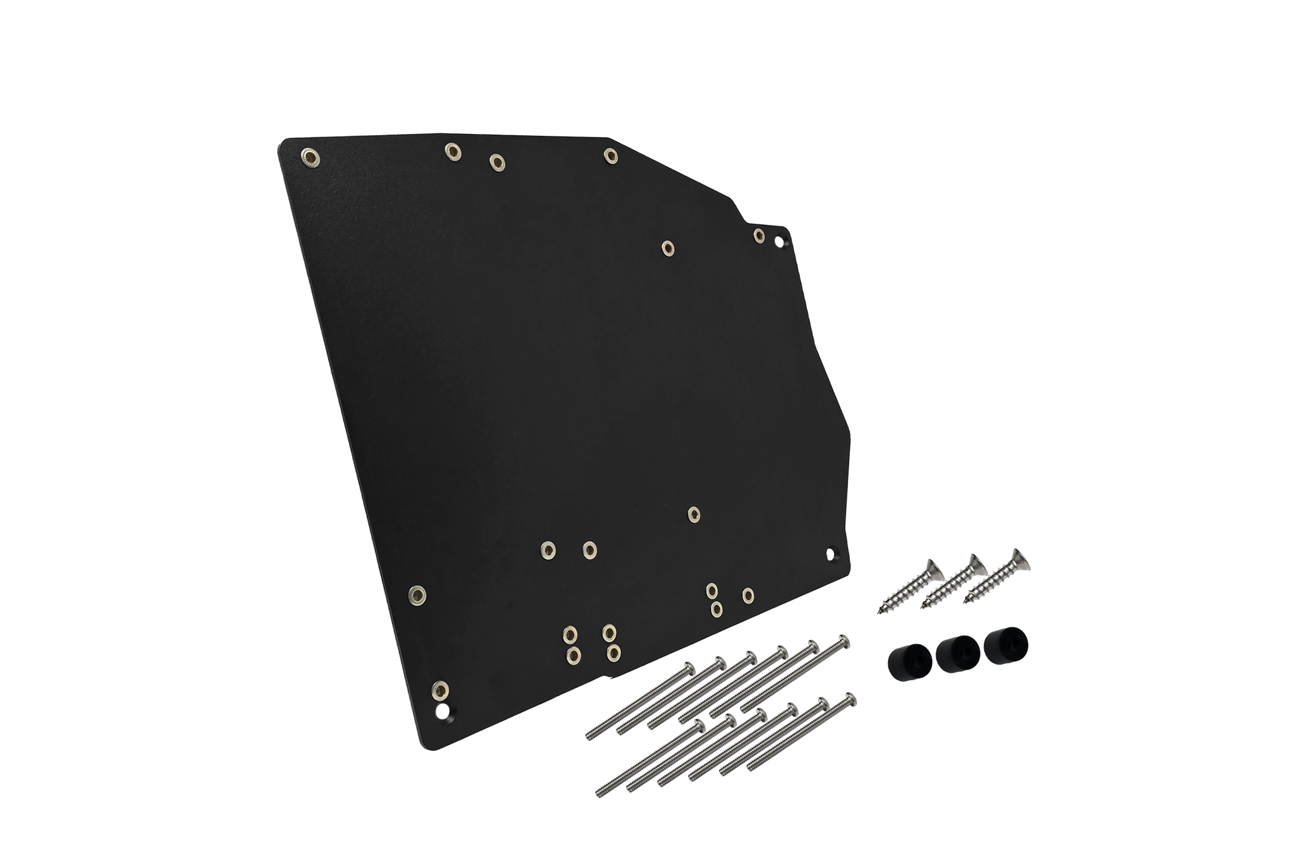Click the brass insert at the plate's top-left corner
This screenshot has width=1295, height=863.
(x=309, y=156)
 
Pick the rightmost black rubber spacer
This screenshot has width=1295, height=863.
(x=1005, y=646)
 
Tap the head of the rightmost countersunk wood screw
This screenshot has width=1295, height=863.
(x=1017, y=558)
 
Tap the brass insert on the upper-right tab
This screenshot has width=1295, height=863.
(x=759, y=235)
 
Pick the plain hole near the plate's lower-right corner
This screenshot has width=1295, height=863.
(x=831, y=553)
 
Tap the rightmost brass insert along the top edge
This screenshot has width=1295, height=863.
(x=610, y=155)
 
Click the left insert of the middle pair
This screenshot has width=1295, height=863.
(x=548, y=549)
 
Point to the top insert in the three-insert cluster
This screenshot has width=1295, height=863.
(x=712, y=590)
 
